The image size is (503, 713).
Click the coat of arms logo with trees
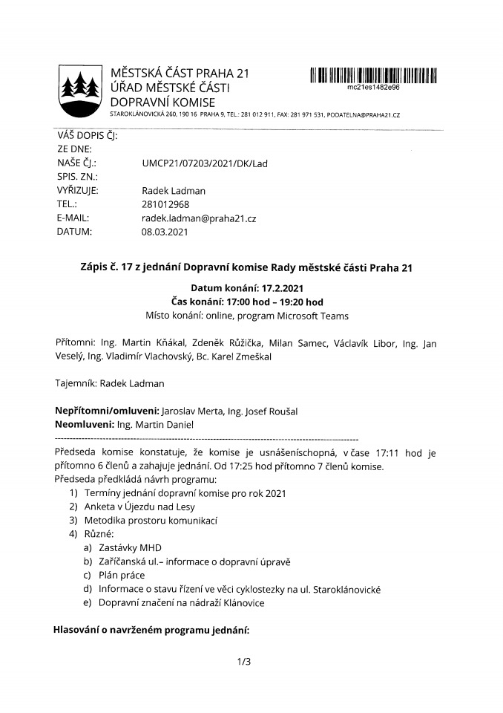click(80, 91)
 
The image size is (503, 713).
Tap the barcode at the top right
click(373, 74)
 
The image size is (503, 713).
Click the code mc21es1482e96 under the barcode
click(373, 87)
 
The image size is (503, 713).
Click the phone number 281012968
click(165, 204)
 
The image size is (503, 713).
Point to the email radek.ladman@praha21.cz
click(199, 218)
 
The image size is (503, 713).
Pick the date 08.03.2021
click(165, 232)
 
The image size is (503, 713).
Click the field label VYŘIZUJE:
click(77, 191)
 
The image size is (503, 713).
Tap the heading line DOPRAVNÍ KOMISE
click(162, 102)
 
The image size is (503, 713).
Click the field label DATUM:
click(74, 232)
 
